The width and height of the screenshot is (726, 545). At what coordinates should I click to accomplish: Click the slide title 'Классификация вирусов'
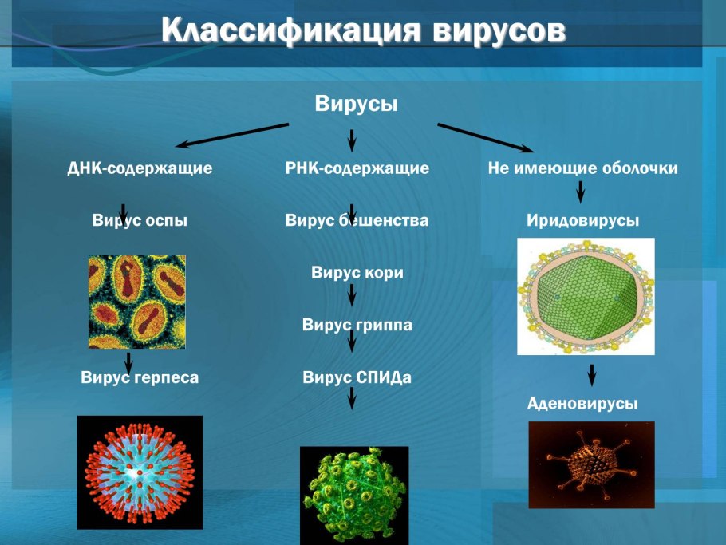(x=363, y=30)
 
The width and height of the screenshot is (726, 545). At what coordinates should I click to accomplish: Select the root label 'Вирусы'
(x=356, y=105)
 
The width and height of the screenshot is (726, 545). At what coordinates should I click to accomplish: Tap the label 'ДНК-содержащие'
(x=140, y=169)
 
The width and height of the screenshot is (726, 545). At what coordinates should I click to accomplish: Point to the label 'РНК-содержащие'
(x=357, y=169)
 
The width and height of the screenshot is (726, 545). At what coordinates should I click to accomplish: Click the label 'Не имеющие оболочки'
(x=582, y=169)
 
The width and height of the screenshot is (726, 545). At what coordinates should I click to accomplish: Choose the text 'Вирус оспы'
(x=140, y=221)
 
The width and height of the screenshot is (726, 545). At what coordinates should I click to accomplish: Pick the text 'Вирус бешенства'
(x=357, y=221)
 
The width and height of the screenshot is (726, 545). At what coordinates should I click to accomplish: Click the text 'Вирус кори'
(x=357, y=273)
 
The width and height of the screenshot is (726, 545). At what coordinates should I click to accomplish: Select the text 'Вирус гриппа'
(x=357, y=326)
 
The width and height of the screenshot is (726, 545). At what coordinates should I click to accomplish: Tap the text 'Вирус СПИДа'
(x=357, y=378)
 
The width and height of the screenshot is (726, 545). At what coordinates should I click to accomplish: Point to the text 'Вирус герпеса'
(x=140, y=378)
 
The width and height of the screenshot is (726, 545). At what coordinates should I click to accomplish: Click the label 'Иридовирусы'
(x=582, y=221)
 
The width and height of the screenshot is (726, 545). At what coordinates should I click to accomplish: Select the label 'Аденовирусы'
(x=582, y=404)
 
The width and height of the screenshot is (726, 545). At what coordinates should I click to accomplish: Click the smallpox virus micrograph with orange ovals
(x=136, y=302)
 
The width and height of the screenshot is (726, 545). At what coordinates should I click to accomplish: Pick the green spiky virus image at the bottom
(x=353, y=495)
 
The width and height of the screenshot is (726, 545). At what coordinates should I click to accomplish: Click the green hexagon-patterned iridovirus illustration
(x=586, y=296)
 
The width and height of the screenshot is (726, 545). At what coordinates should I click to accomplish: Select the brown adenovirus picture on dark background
(x=591, y=464)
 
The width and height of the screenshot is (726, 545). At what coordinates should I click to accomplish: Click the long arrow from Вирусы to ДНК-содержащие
(x=233, y=135)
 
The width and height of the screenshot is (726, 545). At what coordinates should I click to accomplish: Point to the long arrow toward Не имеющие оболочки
(x=485, y=136)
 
